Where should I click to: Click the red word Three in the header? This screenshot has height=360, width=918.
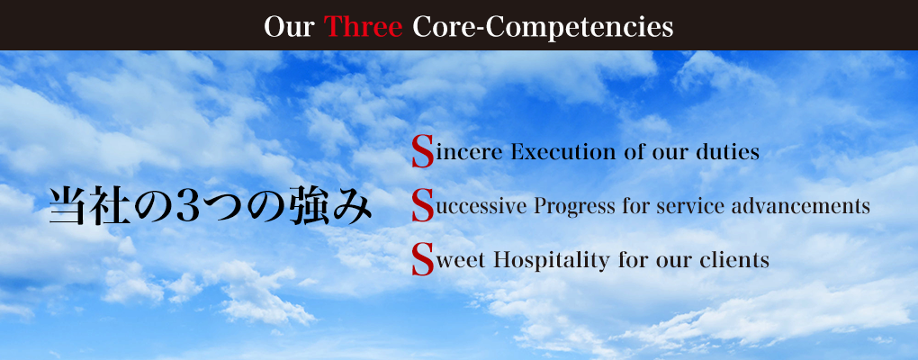tap(363, 27)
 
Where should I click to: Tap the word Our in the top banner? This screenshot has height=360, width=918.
tap(289, 27)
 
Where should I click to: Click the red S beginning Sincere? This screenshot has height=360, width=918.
tap(423, 151)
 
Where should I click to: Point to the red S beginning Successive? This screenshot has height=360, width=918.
tap(423, 205)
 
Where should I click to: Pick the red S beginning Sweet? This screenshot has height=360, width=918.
tap(423, 259)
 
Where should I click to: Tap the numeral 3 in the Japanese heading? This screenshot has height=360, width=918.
tap(187, 207)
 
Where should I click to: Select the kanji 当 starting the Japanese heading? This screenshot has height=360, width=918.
tap(67, 206)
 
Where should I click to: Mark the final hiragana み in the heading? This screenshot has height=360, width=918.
tap(353, 207)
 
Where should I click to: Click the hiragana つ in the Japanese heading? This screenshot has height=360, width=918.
tap(223, 207)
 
